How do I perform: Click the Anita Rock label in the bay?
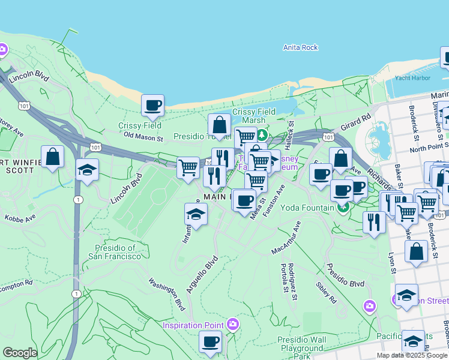coord(300,47)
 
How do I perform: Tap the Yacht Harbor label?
coord(412,78)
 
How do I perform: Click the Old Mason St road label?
coord(143,137)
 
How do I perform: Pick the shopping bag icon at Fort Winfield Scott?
coord(53,157)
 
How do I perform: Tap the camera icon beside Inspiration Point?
coord(234,325)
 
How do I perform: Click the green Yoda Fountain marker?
coord(343,209)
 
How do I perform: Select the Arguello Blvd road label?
coord(202,275)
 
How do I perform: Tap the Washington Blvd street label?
coord(167,294)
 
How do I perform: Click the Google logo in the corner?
coord(20,353)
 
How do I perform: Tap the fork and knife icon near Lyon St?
coord(374,223)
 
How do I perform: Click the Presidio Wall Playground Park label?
coord(301,348)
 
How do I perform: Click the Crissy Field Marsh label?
coord(253,116)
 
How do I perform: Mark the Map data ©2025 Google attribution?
coord(411,355)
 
